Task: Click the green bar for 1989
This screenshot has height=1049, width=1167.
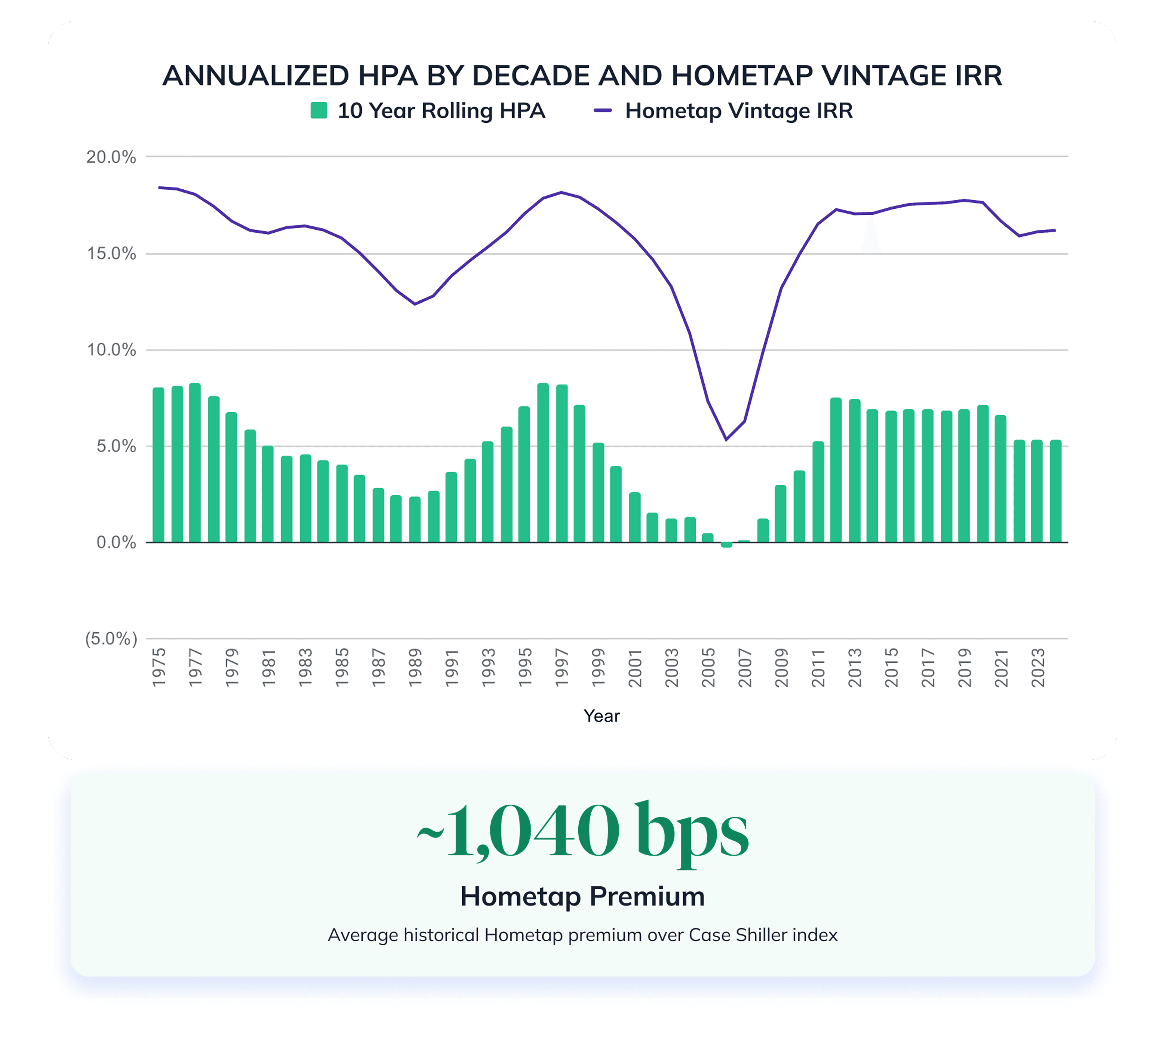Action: coord(415,519)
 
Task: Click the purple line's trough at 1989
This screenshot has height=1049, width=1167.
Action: coord(415,304)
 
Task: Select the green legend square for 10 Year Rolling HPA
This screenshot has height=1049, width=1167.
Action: coord(319,110)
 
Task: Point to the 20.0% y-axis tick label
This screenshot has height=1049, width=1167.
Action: coord(111,157)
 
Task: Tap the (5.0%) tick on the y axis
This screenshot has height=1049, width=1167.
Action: coord(111,639)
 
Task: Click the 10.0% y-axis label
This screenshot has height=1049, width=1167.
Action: coord(111,350)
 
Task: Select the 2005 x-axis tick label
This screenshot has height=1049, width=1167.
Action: coord(708,667)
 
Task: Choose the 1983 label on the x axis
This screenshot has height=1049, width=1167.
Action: coord(306,667)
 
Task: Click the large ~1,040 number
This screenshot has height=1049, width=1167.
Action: coord(519,831)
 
